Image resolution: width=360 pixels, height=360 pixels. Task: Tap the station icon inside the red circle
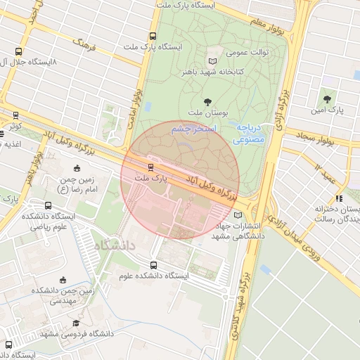(150, 167)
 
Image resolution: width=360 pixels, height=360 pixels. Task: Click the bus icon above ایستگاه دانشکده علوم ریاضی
(48, 205)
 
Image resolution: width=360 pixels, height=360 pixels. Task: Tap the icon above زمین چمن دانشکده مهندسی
(64, 279)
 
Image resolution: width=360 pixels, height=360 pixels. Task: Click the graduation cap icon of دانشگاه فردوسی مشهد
(76, 323)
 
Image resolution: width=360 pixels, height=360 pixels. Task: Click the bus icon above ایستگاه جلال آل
(18, 51)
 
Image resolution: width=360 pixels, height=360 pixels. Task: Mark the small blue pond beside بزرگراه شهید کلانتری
(265, 269)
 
